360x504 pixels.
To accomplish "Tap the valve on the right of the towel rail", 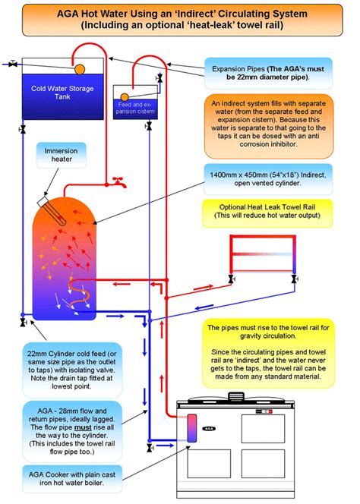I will pos(293,279).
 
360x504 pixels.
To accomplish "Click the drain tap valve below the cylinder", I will pos(24,323).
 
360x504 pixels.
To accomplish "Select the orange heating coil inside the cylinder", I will pos(75,291).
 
